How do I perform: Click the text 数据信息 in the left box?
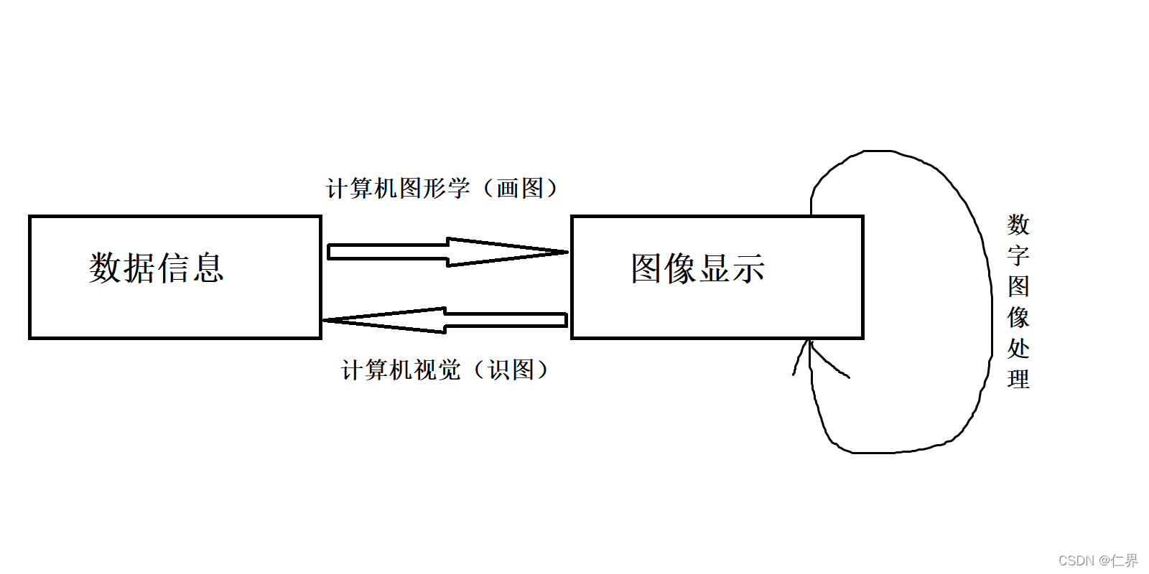pyautogui.click(x=157, y=268)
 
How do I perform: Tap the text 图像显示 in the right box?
pyautogui.click(x=698, y=268)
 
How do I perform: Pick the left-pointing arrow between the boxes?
pyautogui.click(x=445, y=320)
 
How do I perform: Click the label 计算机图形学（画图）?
pyautogui.click(x=442, y=188)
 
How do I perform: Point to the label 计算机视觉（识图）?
pyautogui.click(x=445, y=370)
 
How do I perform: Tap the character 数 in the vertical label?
pyautogui.click(x=1018, y=225)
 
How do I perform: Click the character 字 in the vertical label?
pyautogui.click(x=1018, y=255)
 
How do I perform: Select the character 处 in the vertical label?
pyautogui.click(x=1018, y=348)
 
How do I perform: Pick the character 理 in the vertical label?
pyautogui.click(x=1018, y=379)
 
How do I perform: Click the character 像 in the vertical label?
pyautogui.click(x=1018, y=317)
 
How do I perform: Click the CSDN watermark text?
pyautogui.click(x=1098, y=560)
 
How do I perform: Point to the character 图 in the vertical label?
pyautogui.click(x=1018, y=286)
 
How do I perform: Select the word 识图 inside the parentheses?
pyautogui.click(x=511, y=370)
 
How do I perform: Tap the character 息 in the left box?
pyautogui.click(x=208, y=268)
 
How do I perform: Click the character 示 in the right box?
pyautogui.click(x=749, y=268)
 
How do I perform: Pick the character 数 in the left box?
pyautogui.click(x=106, y=268)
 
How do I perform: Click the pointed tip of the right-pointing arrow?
pyautogui.click(x=566, y=252)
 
